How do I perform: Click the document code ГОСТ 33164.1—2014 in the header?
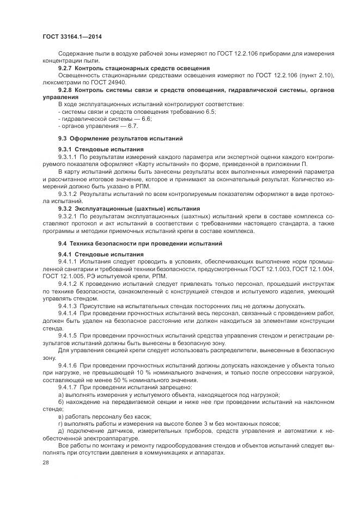[71, 36]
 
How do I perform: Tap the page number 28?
[45, 462]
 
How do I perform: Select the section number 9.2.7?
[66, 68]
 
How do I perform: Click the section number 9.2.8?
[66, 89]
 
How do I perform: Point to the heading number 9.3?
[62, 139]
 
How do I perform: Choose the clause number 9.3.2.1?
[69, 216]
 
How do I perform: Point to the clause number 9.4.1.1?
[69, 262]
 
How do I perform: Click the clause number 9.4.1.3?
[69, 306]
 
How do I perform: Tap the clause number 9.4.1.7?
[69, 386]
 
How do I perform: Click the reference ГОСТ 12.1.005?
[64, 277]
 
